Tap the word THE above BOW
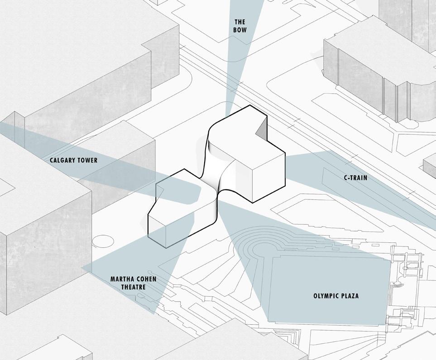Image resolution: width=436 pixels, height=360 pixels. point(240,22)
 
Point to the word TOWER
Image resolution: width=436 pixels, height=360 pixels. point(88,161)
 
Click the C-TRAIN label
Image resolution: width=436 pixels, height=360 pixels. point(355,178)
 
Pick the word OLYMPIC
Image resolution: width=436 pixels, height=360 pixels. point(325,296)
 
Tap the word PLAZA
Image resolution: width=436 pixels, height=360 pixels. point(350,296)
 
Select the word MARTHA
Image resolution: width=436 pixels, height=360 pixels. point(121,279)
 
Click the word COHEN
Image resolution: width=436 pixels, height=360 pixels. point(146,279)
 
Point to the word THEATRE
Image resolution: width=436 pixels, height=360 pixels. point(134,287)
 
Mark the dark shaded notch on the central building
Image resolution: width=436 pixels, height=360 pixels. point(261,131)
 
